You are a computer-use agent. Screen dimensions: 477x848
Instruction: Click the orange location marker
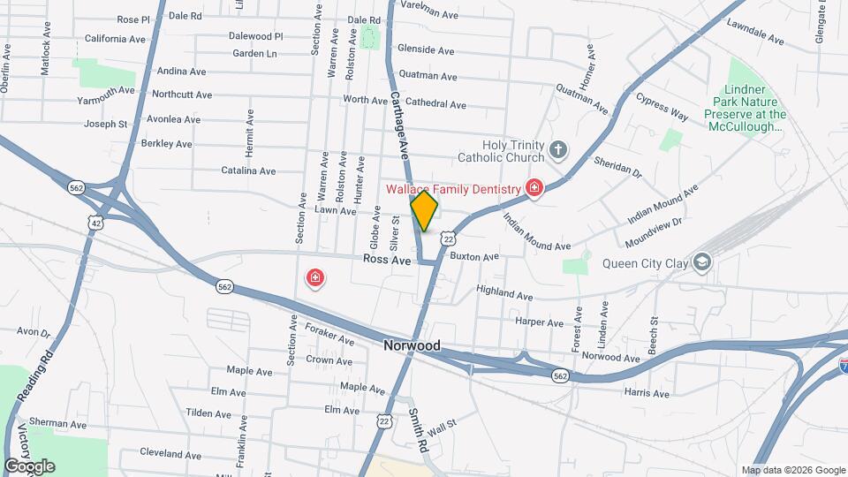pyautogui.click(x=424, y=211)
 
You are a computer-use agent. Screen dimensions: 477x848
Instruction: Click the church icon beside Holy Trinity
pyautogui.click(x=557, y=149)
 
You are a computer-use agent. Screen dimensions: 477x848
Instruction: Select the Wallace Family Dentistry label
pyautogui.click(x=453, y=188)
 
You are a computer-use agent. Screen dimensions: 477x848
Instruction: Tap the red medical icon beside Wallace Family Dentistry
pyautogui.click(x=534, y=187)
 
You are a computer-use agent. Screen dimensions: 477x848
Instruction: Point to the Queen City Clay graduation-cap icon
pyautogui.click(x=701, y=262)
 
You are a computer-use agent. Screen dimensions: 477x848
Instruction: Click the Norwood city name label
pyautogui.click(x=412, y=346)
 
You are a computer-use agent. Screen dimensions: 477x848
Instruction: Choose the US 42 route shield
pyautogui.click(x=94, y=224)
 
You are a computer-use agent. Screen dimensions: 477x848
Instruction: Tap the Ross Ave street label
pyautogui.click(x=387, y=261)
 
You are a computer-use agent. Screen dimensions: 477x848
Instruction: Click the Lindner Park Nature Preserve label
pyautogui.click(x=746, y=109)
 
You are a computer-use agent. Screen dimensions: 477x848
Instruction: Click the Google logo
pyautogui.click(x=29, y=466)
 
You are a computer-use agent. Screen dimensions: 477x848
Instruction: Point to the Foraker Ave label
pyautogui.click(x=329, y=335)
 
